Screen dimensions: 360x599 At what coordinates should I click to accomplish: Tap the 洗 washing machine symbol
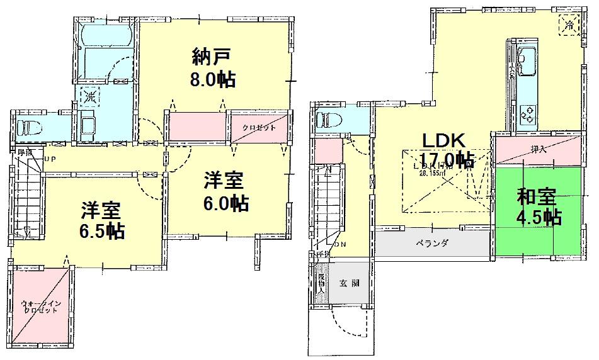90,97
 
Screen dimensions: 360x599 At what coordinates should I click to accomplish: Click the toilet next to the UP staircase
26,127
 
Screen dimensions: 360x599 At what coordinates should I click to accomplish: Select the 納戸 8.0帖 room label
214,69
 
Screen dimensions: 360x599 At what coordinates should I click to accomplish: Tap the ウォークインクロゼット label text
41,307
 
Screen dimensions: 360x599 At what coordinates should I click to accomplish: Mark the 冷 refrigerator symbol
569,26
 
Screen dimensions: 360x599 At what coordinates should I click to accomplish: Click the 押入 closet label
537,150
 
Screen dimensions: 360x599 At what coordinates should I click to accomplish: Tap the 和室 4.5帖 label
539,207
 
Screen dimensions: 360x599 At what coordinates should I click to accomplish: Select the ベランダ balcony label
431,243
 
